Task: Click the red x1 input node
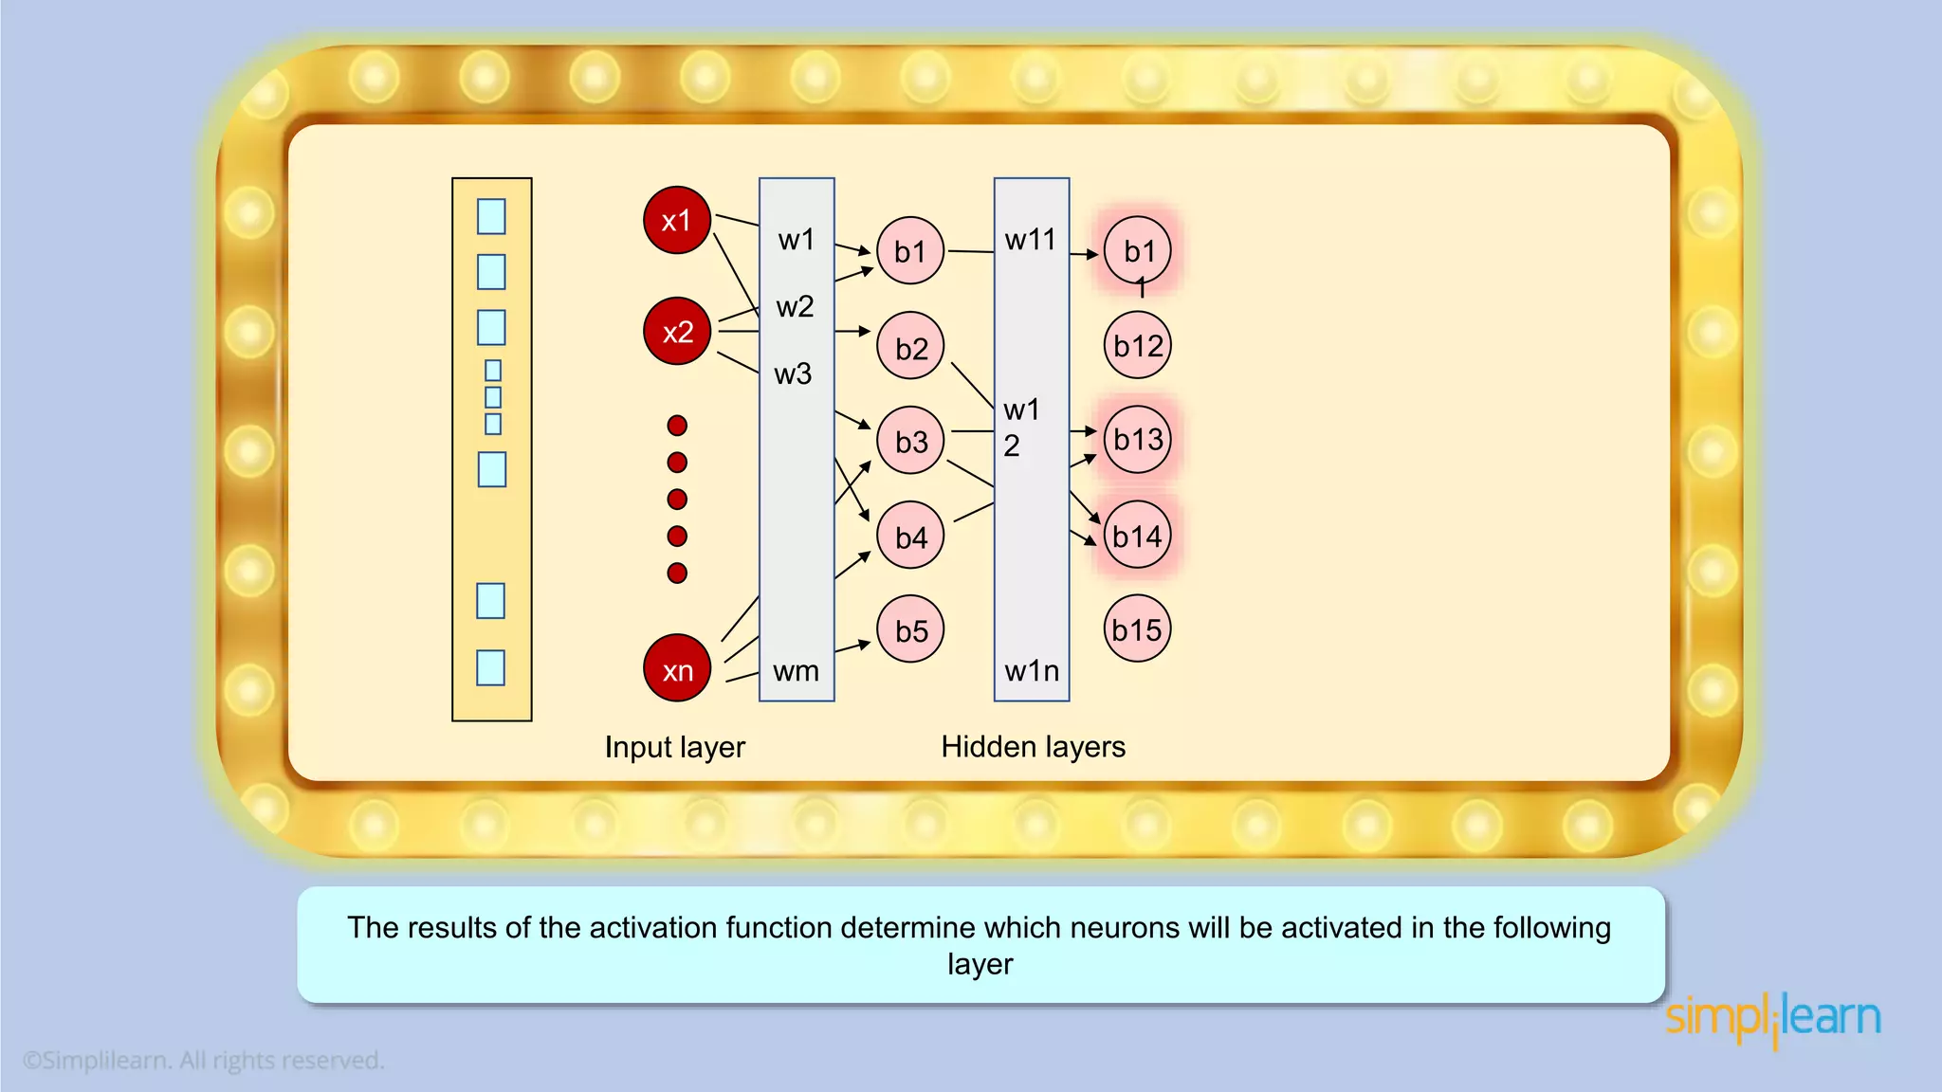[x=676, y=220]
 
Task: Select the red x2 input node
[x=676, y=331]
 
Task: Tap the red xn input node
[x=676, y=668]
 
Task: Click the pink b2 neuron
[x=910, y=346]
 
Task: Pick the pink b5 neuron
[x=910, y=629]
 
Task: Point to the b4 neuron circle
[x=910, y=536]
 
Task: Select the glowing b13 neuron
[x=1137, y=439]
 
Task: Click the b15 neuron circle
[x=1137, y=628]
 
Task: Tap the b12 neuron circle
[x=1137, y=345]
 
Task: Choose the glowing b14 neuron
[x=1137, y=536]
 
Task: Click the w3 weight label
[x=793, y=373]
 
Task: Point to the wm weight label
[x=796, y=671]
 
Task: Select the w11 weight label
[x=1030, y=240]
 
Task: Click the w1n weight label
[x=1032, y=671]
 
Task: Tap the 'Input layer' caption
[x=675, y=747]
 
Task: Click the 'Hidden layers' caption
[x=1033, y=747]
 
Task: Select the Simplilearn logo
[x=1772, y=1019]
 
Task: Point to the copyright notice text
[x=204, y=1060]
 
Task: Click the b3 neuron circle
[x=910, y=441]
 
